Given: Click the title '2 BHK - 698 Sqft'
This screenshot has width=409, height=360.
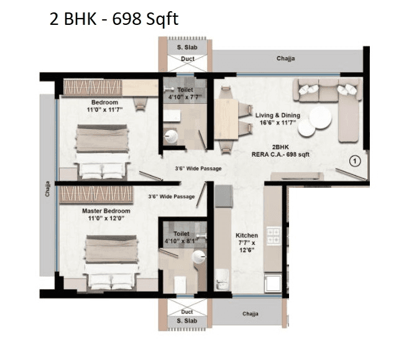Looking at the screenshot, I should point(114,19).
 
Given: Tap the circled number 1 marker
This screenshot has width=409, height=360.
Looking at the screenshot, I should point(354,161).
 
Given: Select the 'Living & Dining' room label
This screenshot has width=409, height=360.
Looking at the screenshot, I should point(278,115).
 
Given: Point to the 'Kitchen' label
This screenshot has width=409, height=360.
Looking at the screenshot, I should point(246,236).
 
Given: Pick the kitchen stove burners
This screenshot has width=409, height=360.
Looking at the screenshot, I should point(273,236).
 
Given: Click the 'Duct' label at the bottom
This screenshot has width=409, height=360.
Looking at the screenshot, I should point(187,312).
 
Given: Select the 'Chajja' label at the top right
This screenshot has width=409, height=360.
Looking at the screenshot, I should point(287,59).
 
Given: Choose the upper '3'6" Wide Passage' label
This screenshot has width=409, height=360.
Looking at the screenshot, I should point(198,169).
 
